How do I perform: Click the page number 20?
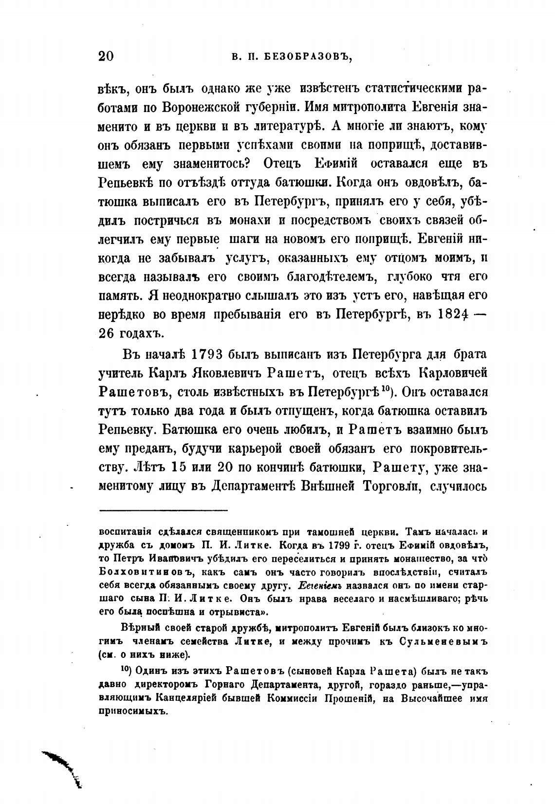click(106, 56)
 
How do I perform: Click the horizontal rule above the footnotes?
click(164, 510)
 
